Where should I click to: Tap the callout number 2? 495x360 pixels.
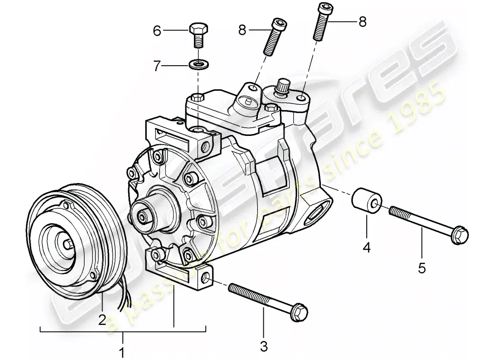(x=102, y=319)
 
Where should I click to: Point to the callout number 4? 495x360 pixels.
(x=367, y=247)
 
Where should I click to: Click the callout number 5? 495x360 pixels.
(x=422, y=268)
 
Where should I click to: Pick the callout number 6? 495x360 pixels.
(x=157, y=31)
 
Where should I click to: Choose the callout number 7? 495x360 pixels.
(x=157, y=67)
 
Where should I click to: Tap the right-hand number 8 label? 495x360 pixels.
(x=362, y=21)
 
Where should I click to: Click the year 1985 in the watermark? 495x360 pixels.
(x=418, y=108)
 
